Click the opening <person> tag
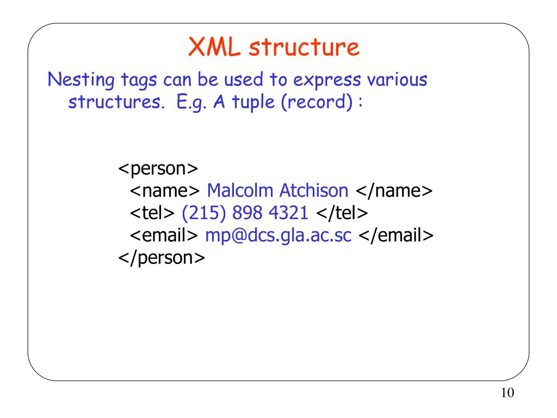coord(158,169)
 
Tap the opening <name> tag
coord(165,191)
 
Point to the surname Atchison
coord(313,190)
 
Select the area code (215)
coord(199,213)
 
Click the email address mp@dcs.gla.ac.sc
coord(278,235)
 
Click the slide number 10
coord(506,393)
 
